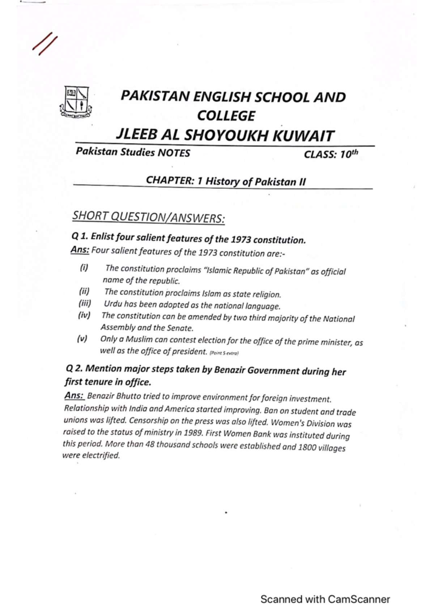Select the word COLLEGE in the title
(x=226, y=116)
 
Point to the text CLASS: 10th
(x=331, y=154)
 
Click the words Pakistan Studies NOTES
(x=132, y=152)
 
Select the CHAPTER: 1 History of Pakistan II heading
(x=226, y=181)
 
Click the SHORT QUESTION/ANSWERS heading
(x=148, y=217)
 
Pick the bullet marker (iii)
(x=85, y=303)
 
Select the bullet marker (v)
(x=82, y=339)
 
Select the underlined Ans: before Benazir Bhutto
(x=75, y=396)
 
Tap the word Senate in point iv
(x=180, y=328)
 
